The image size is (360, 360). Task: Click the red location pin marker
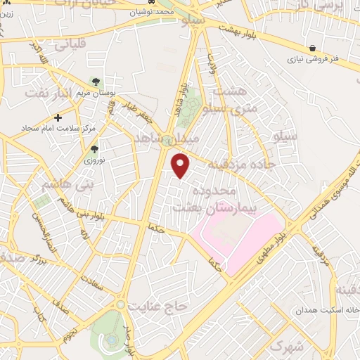(181, 165)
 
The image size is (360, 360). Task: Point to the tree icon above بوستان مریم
(95, 83)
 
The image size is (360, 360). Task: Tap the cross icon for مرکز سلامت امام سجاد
(58, 117)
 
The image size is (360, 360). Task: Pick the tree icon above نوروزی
(94, 148)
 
